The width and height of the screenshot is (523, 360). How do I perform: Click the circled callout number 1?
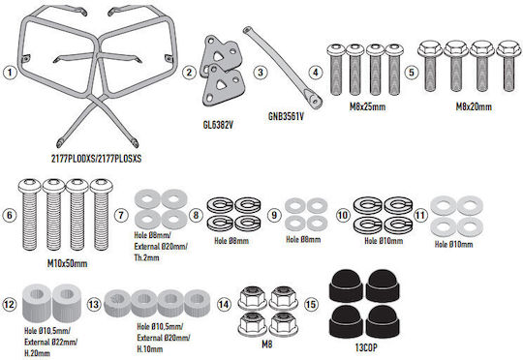[x=10, y=73]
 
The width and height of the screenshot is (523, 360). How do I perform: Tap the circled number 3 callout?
[x=261, y=73]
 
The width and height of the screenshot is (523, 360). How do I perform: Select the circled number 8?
[x=196, y=215]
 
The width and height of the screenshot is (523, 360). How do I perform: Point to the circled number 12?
[x=10, y=304]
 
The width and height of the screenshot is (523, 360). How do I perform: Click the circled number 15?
[x=311, y=304]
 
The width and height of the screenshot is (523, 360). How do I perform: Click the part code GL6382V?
[x=218, y=125]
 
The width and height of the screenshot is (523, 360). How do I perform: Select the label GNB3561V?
[x=286, y=116]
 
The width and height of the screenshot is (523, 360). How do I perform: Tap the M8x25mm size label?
[x=367, y=106]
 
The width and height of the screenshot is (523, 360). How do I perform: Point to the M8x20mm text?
[x=474, y=106]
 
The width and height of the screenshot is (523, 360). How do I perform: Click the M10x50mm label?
[x=68, y=263]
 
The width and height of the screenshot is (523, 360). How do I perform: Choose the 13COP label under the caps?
[x=366, y=347]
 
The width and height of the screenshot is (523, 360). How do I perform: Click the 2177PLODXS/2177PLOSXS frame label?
[x=97, y=159]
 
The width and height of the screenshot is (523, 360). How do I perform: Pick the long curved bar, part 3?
[x=284, y=67]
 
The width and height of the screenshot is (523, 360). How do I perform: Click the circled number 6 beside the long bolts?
[x=10, y=215]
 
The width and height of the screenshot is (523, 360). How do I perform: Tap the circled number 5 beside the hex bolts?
[x=412, y=73]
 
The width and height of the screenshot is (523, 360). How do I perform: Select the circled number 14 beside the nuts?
[x=224, y=304]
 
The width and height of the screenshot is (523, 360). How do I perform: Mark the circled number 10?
[x=343, y=215]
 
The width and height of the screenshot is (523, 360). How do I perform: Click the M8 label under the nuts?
[x=267, y=344]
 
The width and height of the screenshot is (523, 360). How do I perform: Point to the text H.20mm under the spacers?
[x=37, y=353]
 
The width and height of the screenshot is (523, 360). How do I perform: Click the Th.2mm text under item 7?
[x=147, y=257]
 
